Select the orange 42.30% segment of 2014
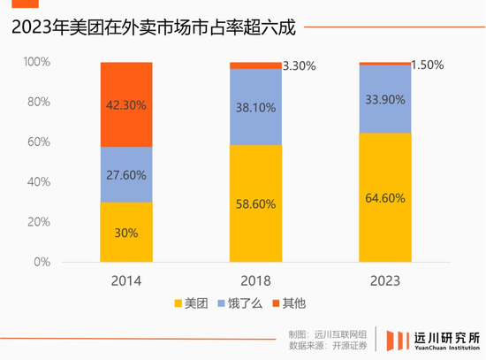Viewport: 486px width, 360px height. (x=126, y=103)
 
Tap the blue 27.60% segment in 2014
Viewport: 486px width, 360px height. (x=126, y=174)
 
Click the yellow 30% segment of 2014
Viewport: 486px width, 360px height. (x=126, y=233)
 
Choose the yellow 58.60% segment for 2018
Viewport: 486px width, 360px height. (x=255, y=203)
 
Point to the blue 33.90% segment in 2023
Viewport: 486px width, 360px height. (x=384, y=99)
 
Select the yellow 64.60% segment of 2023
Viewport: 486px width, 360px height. (x=384, y=197)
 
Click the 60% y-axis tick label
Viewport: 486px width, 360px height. (x=40, y=142)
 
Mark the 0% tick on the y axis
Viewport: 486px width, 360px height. (x=43, y=263)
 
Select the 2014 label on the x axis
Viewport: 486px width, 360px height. (x=126, y=280)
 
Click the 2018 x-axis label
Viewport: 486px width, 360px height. (x=255, y=280)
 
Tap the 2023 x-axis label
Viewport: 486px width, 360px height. (x=384, y=280)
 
